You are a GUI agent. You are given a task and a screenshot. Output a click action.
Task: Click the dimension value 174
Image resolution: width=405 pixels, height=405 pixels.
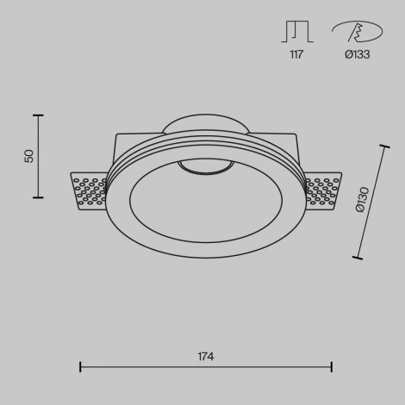click(205, 356)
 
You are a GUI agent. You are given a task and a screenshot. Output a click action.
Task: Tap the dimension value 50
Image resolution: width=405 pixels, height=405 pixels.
click(29, 156)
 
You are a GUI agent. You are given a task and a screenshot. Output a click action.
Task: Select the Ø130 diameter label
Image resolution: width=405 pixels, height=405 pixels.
click(362, 201)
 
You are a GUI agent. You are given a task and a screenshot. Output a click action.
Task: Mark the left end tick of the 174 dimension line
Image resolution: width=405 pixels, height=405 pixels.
click(80, 367)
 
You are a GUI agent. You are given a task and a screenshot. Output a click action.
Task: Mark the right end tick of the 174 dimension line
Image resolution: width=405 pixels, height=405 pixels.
click(332, 367)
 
